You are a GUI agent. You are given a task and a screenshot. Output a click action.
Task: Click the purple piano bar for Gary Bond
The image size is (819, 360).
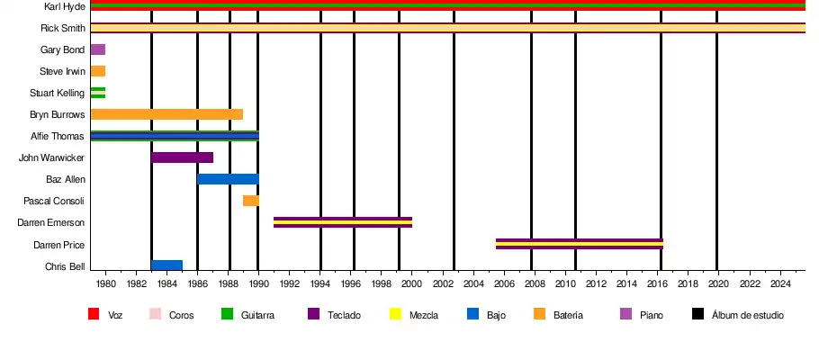pyautogui.click(x=98, y=49)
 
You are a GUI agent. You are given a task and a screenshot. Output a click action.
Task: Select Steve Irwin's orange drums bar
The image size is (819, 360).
pyautogui.click(x=98, y=71)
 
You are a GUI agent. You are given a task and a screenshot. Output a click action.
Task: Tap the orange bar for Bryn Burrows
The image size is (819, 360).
pyautogui.click(x=166, y=114)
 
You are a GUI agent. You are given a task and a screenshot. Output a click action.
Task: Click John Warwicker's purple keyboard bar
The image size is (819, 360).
pyautogui.click(x=182, y=157)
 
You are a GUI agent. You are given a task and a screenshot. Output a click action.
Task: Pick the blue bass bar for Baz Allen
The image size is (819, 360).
pyautogui.click(x=228, y=179)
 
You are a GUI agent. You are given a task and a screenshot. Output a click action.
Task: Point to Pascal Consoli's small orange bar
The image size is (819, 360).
pyautogui.click(x=251, y=201)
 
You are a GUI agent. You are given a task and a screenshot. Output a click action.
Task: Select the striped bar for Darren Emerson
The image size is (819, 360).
pyautogui.click(x=342, y=222)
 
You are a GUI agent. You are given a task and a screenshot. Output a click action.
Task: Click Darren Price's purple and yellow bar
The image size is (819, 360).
pyautogui.click(x=579, y=244)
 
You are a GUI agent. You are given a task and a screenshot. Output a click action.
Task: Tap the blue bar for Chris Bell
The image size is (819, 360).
pyautogui.click(x=166, y=265)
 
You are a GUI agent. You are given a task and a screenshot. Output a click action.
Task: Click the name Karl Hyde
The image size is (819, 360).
pyautogui.click(x=65, y=6)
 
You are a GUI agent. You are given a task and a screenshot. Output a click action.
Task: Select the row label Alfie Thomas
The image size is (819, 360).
pyautogui.click(x=61, y=136)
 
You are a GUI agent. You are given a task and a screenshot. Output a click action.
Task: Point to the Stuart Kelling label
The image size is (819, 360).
pyautogui.click(x=58, y=93)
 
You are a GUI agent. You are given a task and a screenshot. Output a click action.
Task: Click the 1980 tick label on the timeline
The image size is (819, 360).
pyautogui.click(x=105, y=284)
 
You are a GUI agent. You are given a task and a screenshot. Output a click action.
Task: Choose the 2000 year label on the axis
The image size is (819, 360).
pyautogui.click(x=412, y=284)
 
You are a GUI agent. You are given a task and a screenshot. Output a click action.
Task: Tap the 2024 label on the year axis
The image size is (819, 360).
pyautogui.click(x=779, y=284)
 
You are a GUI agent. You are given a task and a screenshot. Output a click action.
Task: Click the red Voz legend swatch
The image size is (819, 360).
pyautogui.click(x=93, y=314)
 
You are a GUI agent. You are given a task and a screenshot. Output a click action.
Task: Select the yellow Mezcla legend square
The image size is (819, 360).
pyautogui.click(x=394, y=314)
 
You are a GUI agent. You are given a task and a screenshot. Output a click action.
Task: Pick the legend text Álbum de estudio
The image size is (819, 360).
pyautogui.click(x=747, y=315)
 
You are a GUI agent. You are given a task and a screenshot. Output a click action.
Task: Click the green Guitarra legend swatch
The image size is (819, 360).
pyautogui.click(x=226, y=314)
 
